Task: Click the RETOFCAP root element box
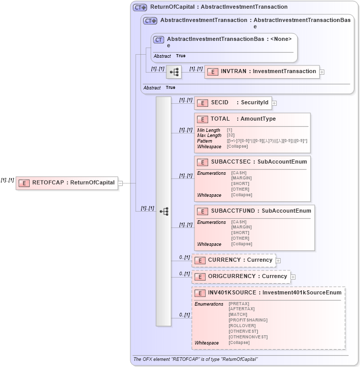tap(67, 183)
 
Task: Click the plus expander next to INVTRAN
tap(322, 72)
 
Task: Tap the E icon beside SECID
tap(202, 103)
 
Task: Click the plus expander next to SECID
tap(275, 103)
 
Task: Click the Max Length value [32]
tap(231, 135)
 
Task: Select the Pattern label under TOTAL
tap(205, 141)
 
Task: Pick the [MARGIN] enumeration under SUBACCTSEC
tap(241, 178)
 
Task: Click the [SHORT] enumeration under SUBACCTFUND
tap(240, 233)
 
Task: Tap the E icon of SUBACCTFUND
tap(202, 211)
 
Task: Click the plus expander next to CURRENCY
tap(279, 261)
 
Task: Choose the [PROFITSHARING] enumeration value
tap(248, 320)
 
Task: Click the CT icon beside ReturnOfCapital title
tap(140, 8)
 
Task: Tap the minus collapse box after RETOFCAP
tap(121, 183)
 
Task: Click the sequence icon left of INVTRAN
tap(174, 72)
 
